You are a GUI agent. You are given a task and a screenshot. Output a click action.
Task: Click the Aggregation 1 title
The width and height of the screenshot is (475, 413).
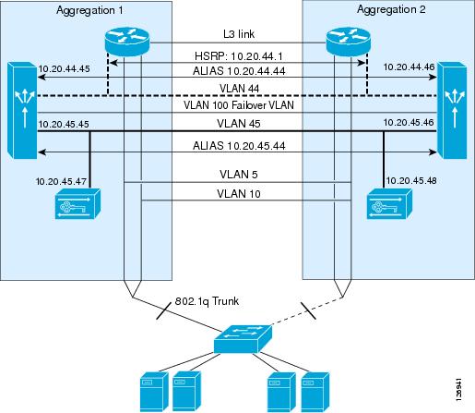pyautogui.click(x=89, y=11)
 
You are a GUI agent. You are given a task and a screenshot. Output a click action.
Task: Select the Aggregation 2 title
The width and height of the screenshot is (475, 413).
pyautogui.click(x=391, y=10)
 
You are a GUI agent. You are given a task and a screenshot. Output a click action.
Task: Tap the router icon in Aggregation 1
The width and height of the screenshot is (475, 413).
pyautogui.click(x=127, y=42)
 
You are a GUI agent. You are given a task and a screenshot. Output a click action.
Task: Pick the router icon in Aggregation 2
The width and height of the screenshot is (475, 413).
pyautogui.click(x=348, y=42)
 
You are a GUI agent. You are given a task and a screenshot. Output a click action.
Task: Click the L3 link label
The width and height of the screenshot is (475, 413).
pyautogui.click(x=239, y=34)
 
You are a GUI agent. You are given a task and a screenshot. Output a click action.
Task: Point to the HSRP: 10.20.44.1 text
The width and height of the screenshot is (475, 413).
pyautogui.click(x=239, y=56)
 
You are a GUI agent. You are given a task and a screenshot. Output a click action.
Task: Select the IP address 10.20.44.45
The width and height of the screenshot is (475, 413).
pyautogui.click(x=64, y=68)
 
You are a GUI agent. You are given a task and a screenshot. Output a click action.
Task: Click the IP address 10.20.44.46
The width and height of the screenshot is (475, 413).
pyautogui.click(x=409, y=67)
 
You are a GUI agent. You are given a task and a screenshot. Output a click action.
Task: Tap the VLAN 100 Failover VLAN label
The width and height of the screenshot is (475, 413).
pyautogui.click(x=239, y=105)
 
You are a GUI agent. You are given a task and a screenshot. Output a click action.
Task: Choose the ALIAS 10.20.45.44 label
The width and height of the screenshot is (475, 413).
pyautogui.click(x=239, y=145)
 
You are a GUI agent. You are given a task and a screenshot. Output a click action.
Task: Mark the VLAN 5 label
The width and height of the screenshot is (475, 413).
pyautogui.click(x=239, y=175)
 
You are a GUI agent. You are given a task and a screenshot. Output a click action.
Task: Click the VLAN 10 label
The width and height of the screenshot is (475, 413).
pyautogui.click(x=239, y=194)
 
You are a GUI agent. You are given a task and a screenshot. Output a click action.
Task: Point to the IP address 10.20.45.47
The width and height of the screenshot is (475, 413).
pyautogui.click(x=61, y=181)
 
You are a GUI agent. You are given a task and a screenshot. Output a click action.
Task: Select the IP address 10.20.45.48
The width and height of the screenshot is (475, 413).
pyautogui.click(x=411, y=180)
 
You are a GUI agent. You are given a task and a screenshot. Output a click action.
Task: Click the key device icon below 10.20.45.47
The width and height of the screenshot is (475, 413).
pyautogui.click(x=77, y=204)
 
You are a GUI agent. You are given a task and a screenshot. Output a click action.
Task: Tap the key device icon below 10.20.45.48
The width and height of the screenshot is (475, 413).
pyautogui.click(x=389, y=204)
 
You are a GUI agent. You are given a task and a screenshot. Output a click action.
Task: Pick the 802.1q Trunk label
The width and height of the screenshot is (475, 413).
pyautogui.click(x=207, y=301)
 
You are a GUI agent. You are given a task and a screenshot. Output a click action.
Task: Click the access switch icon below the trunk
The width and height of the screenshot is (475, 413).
pyautogui.click(x=243, y=339)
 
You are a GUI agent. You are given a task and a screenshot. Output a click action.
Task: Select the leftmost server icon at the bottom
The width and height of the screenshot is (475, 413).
pyautogui.click(x=154, y=392)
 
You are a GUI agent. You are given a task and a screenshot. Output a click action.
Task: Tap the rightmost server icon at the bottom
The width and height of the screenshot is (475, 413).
pyautogui.click(x=315, y=392)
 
